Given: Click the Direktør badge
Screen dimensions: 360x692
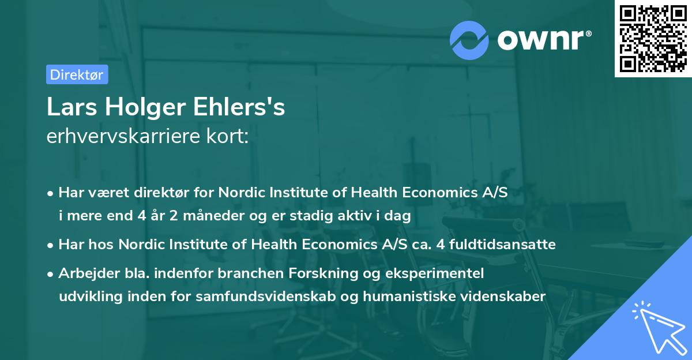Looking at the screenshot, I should point(77,74).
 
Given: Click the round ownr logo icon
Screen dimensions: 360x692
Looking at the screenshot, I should point(469,39).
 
